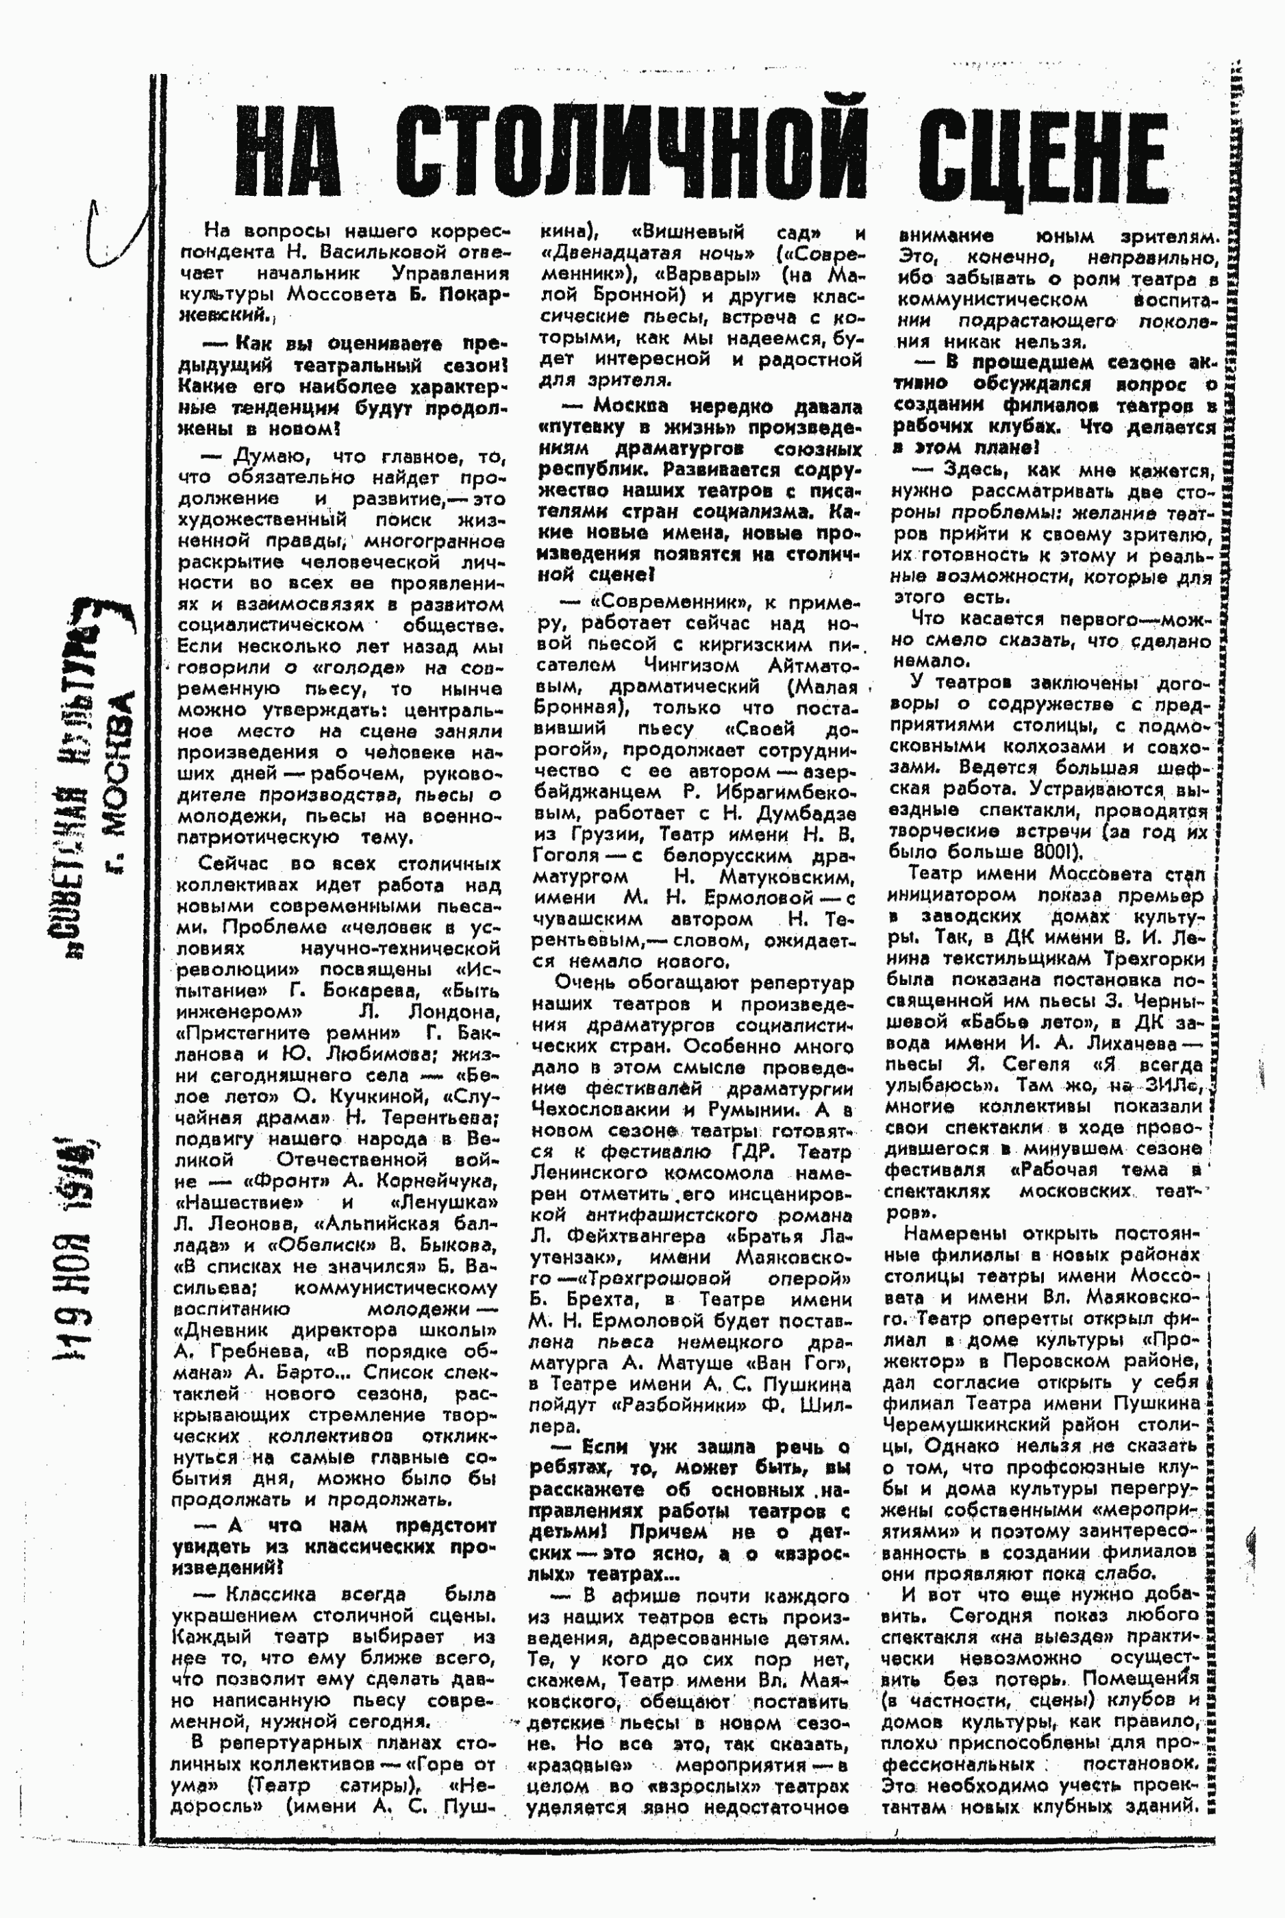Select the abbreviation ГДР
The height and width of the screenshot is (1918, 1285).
point(758,1152)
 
